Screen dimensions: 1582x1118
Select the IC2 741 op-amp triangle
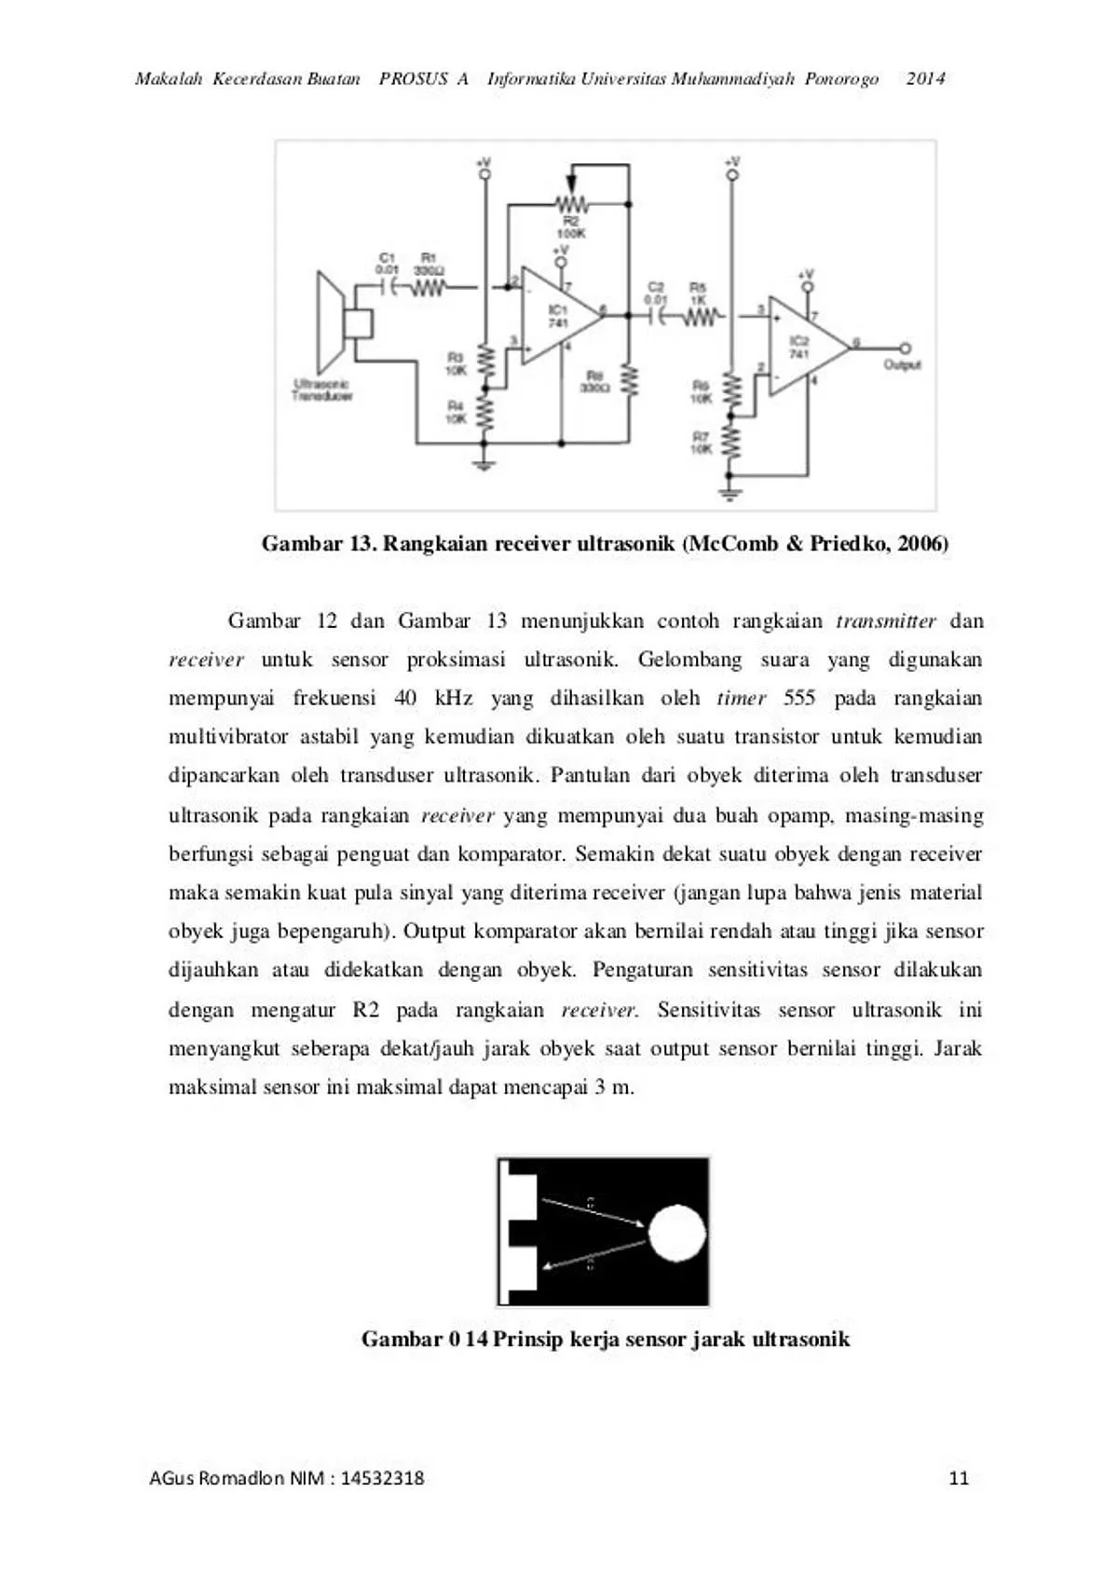(802, 347)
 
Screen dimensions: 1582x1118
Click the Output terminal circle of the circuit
(904, 348)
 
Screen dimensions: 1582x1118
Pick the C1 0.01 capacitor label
(388, 263)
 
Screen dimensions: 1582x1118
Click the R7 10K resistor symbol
(731, 443)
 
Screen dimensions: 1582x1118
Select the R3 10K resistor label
(456, 363)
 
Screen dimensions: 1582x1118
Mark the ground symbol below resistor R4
(484, 461)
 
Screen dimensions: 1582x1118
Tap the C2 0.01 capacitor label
(656, 293)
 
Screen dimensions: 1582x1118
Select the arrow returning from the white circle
(593, 1255)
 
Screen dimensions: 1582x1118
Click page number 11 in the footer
(959, 1478)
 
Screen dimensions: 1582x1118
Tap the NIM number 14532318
(382, 1478)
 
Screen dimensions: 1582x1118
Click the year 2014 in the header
(925, 79)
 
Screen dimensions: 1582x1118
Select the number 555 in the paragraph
(798, 698)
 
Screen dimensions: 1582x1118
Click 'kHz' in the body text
(454, 698)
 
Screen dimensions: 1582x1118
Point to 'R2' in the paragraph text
(365, 1010)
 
